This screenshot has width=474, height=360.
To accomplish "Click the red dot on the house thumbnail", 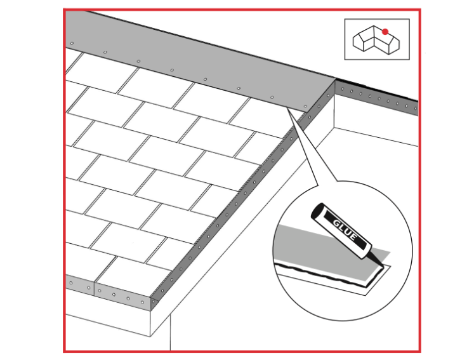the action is pos(385,32).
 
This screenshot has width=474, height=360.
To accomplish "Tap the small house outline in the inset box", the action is pos(376,39).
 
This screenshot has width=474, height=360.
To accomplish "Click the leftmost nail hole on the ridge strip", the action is pos(72,43).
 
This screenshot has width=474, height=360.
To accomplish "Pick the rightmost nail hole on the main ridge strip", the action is pos(305,107).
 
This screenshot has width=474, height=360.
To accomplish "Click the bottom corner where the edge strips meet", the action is pos(151,309).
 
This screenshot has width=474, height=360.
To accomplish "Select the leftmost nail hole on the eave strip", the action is pos(71,283).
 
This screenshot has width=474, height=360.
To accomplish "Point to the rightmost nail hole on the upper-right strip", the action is pos(416,109).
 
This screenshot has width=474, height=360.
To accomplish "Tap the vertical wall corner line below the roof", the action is pos(170,333).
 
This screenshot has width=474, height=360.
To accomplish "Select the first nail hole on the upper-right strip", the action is pos(343,90).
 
